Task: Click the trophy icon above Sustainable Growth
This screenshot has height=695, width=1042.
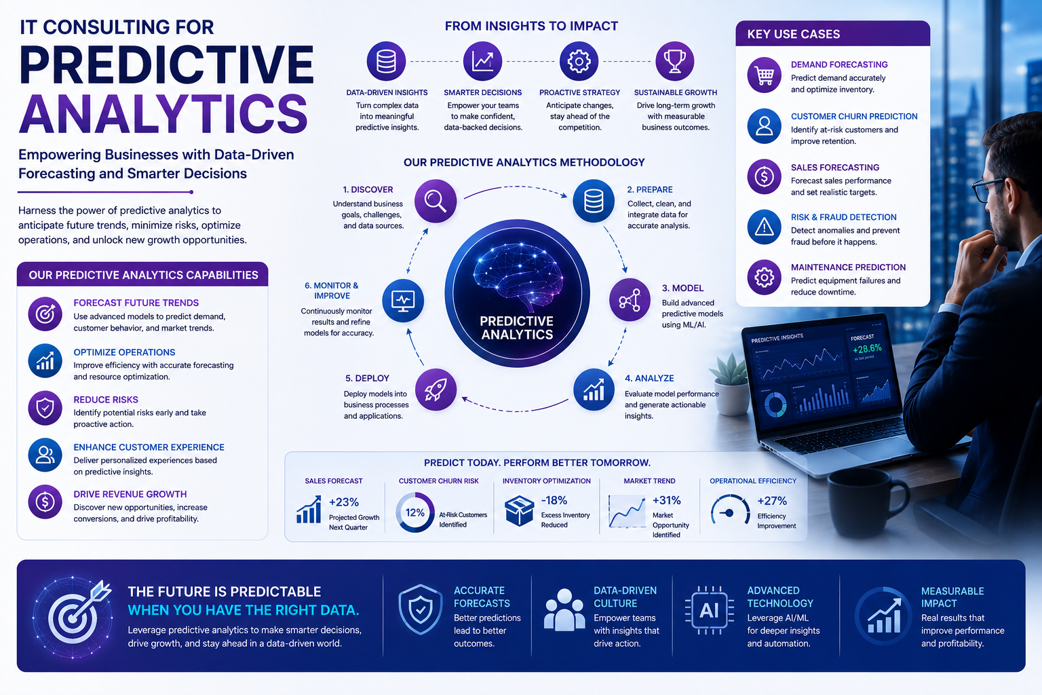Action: coord(674,61)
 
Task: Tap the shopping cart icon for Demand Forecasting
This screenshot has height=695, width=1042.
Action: coord(765,75)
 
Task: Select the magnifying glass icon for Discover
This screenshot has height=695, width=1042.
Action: coord(436,201)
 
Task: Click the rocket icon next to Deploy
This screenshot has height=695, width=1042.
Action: coord(436,389)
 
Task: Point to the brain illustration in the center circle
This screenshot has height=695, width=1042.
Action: coord(518,276)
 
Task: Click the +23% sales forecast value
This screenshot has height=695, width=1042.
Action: coord(344,502)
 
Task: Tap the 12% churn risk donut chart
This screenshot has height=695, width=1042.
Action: coord(415,512)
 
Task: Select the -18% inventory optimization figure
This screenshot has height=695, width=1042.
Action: coord(554,500)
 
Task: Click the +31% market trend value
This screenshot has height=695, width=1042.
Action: coord(667,500)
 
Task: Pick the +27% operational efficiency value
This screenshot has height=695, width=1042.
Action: coord(772,501)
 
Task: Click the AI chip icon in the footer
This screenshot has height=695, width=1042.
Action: coord(710,609)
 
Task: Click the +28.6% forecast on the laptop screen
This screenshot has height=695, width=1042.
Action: coord(867,349)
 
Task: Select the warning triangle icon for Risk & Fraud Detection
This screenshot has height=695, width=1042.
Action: coord(765,227)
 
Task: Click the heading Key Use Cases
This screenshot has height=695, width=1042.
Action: coord(794,34)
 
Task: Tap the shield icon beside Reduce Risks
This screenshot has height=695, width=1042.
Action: coord(45,409)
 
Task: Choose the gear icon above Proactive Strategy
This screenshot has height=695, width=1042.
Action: coord(579,61)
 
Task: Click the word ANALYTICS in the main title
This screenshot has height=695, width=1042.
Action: coord(163,113)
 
